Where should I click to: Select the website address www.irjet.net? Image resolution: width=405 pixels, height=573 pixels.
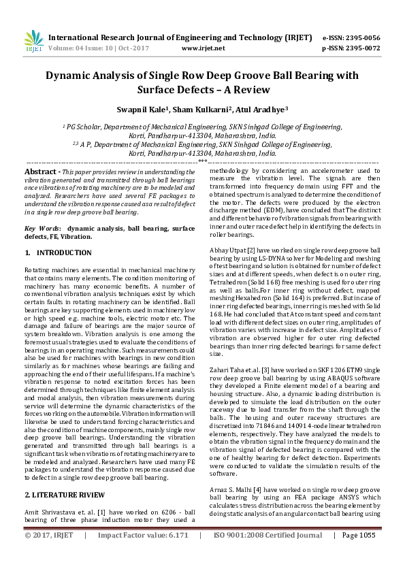point(204,48)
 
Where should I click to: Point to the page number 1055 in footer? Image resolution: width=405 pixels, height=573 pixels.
point(368,555)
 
